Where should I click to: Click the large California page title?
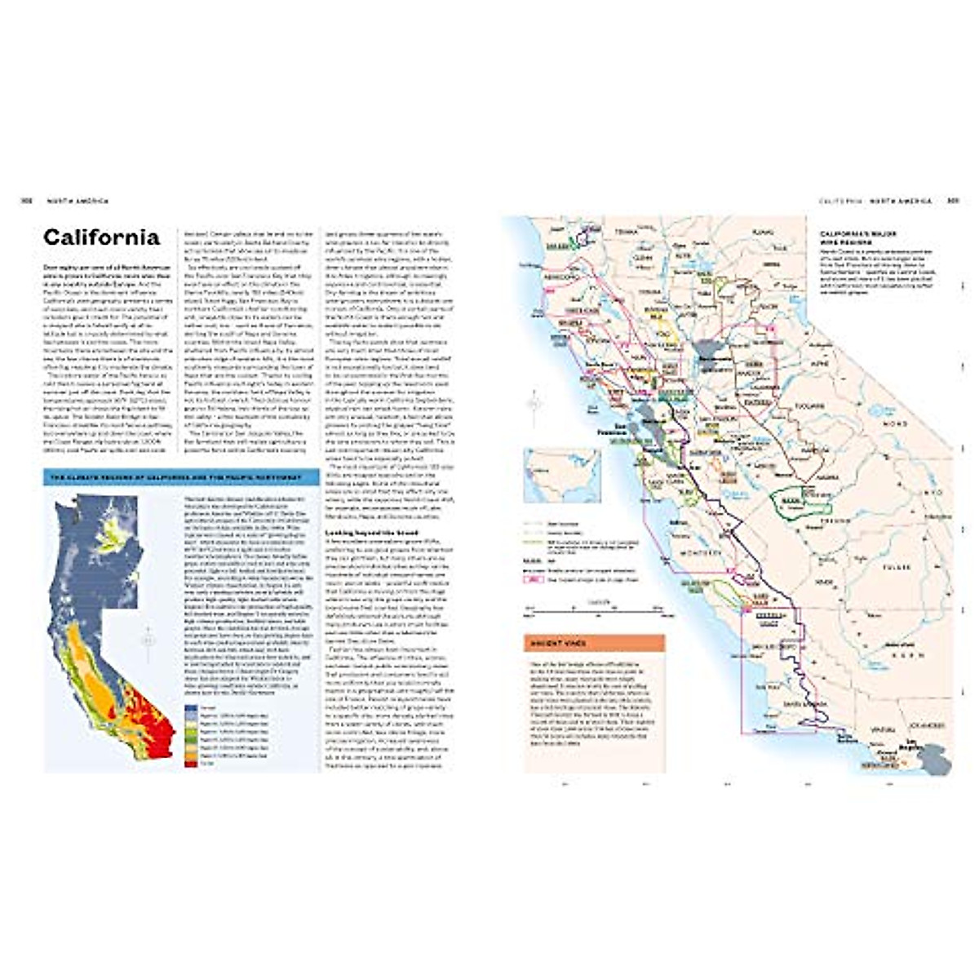101,237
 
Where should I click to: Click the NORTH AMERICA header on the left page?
77,201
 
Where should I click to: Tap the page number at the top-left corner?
25,201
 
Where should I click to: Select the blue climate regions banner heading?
179,478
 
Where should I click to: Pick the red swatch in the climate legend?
190,764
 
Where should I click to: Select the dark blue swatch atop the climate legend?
190,708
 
